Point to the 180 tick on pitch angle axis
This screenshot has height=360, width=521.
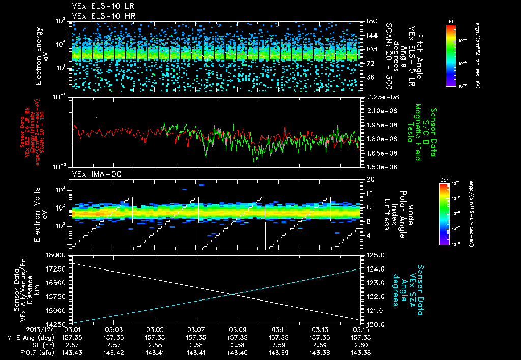click(x=370, y=21)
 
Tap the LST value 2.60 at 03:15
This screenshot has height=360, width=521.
click(x=361, y=345)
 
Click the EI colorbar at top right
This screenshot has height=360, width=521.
click(x=451, y=55)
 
